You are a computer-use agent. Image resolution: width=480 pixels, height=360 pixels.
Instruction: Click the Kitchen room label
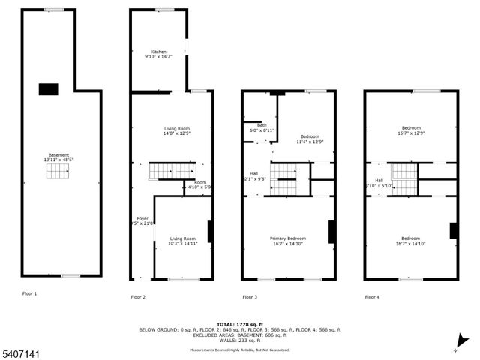tap(158, 54)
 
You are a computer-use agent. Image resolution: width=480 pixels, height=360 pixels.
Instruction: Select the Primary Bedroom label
tap(289, 240)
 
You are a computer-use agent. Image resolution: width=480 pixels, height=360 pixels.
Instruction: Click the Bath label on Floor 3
tap(262, 127)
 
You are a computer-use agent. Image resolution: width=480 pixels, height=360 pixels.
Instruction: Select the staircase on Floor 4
tap(404, 179)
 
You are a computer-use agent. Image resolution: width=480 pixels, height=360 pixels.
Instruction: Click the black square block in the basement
tap(49, 89)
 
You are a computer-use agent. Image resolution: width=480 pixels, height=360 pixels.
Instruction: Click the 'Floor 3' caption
tap(249, 297)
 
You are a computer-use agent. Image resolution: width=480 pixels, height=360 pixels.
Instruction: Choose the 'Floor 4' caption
tap(372, 297)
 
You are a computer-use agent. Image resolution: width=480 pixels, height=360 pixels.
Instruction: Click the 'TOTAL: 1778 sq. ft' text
tap(239, 324)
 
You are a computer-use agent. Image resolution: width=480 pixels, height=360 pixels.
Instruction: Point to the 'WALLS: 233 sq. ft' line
tap(239, 341)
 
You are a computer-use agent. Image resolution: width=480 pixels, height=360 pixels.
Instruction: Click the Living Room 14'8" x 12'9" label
tap(177, 130)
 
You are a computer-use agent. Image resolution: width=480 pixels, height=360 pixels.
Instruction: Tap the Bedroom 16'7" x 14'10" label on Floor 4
tap(411, 240)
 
